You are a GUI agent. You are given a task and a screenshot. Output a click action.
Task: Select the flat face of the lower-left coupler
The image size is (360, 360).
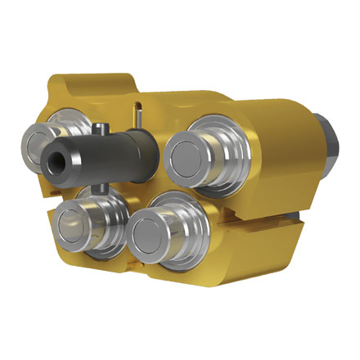tap(67, 224)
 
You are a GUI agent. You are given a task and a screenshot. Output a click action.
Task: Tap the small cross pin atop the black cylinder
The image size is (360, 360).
tap(99, 128)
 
